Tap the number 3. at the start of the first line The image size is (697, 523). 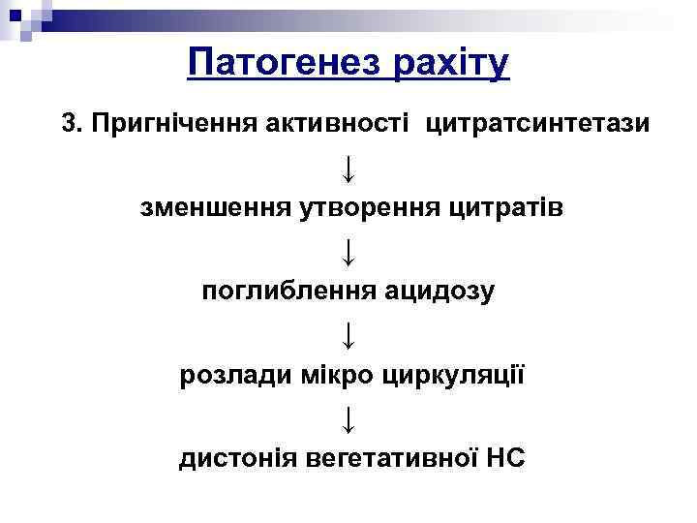[73, 124]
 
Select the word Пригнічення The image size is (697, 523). [170, 124]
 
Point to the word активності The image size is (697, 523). [335, 124]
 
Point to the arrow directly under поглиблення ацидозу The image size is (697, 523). [348, 333]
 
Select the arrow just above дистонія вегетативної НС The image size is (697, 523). [348, 416]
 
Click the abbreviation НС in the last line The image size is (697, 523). [505, 457]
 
